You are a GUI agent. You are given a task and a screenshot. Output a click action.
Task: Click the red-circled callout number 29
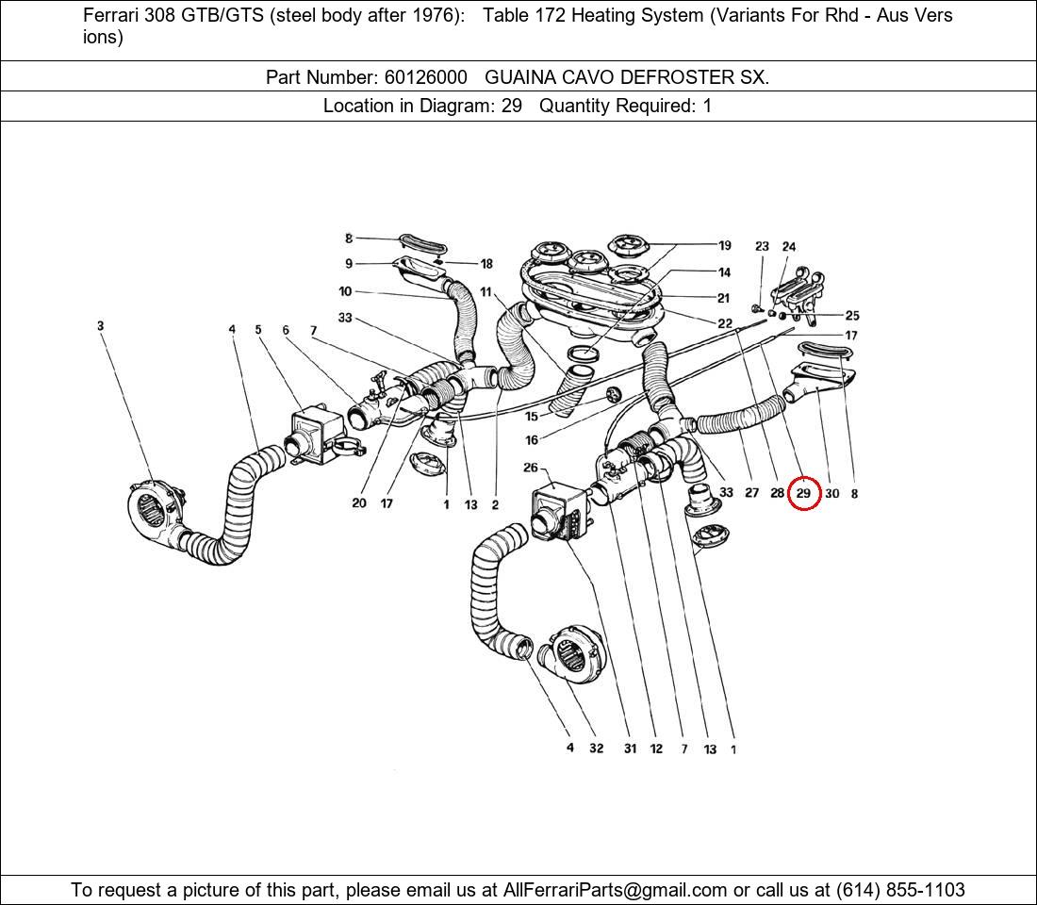[x=803, y=493]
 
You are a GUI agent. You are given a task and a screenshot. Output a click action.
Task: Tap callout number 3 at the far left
[x=100, y=326]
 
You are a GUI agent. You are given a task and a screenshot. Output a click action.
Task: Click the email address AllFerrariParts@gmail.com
[x=615, y=890]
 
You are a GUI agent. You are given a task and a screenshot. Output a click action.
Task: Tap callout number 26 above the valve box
[x=531, y=468]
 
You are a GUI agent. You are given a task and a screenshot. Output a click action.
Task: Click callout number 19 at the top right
[x=724, y=246]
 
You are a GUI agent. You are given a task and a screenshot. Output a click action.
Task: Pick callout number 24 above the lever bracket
[x=789, y=247]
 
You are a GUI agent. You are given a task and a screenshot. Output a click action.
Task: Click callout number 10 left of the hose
[x=345, y=292]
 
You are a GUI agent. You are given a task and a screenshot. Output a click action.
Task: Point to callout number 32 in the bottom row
[x=596, y=749]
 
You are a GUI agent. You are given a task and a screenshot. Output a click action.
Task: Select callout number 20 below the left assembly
[x=358, y=503]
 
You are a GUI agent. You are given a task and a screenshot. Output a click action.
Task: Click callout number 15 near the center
[x=531, y=416]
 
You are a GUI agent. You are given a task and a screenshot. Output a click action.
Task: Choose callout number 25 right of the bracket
[x=851, y=316]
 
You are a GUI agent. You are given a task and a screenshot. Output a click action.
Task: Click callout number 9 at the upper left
[x=349, y=264]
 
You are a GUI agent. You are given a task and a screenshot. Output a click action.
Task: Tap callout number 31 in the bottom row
[x=630, y=749]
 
